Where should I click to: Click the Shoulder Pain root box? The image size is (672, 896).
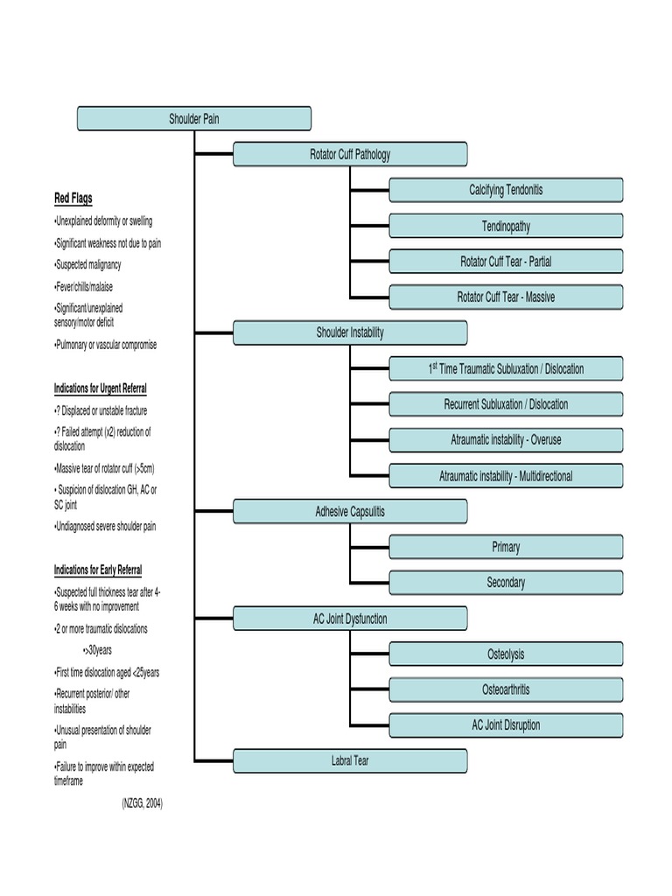[194, 119]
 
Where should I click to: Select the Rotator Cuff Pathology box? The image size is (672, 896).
[350, 155]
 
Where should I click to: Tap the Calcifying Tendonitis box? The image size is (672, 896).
[506, 191]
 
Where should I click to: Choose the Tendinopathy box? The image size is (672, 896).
[506, 227]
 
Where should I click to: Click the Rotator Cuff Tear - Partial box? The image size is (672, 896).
[506, 262]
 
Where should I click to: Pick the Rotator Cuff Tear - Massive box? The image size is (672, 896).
[506, 297]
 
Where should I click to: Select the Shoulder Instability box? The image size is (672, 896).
[350, 333]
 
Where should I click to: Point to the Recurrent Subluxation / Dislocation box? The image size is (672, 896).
[506, 404]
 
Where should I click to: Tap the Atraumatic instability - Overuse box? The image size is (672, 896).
[506, 440]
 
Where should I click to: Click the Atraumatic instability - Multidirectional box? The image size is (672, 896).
[506, 476]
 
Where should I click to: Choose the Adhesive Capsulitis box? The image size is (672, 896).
[350, 511]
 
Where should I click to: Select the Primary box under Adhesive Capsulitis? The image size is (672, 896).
[506, 547]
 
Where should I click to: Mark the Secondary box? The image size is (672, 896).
[506, 583]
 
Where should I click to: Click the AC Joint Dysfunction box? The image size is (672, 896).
[350, 619]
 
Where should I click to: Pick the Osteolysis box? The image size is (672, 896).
[506, 654]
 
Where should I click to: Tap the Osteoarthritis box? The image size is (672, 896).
[506, 689]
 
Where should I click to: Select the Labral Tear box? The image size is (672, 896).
[350, 761]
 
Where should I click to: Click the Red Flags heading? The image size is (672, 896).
[73, 199]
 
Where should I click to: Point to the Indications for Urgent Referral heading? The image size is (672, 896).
[101, 388]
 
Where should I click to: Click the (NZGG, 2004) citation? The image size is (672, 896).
[142, 803]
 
